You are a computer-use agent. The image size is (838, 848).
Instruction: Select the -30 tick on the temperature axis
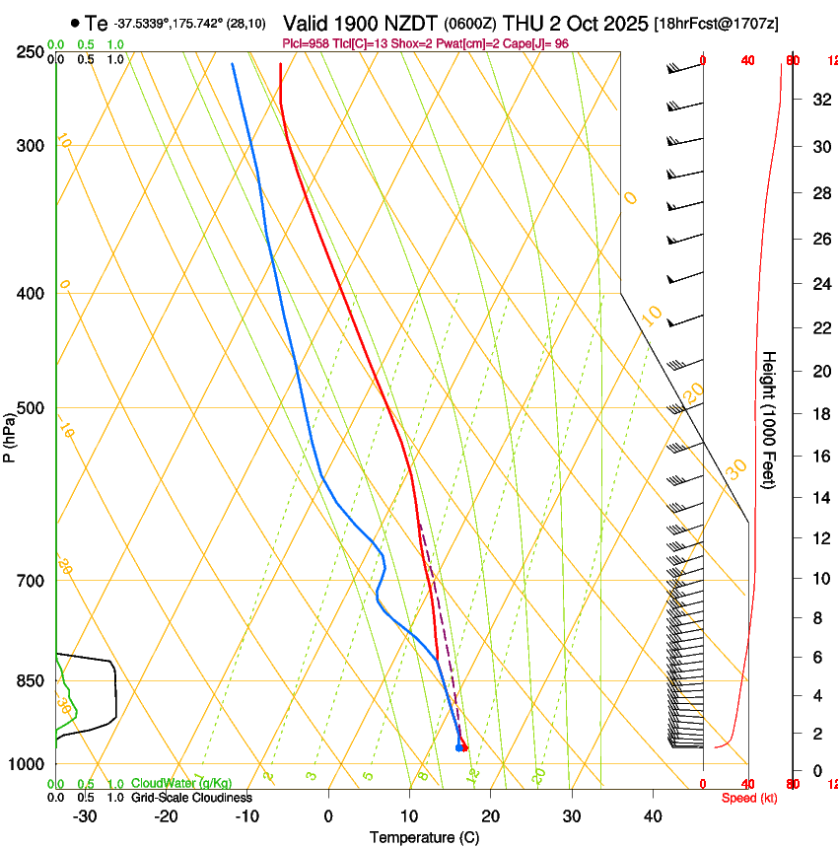[x=85, y=815]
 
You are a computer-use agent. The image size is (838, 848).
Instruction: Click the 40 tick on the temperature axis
[x=653, y=815]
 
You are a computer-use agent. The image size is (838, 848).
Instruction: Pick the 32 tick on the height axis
[x=819, y=100]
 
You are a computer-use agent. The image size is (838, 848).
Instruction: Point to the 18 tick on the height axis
[x=819, y=413]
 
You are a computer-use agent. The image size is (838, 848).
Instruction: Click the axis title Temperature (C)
[x=424, y=837]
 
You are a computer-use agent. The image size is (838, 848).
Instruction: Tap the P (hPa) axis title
[x=10, y=433]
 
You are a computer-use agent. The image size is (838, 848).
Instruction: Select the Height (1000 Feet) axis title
[x=770, y=420]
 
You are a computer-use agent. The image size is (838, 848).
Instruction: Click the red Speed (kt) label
[x=748, y=798]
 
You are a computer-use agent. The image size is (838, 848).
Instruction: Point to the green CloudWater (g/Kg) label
[x=181, y=784]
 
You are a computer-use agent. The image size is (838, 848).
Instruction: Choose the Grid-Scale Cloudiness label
[x=191, y=798]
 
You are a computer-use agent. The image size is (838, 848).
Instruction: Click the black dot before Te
[x=75, y=23]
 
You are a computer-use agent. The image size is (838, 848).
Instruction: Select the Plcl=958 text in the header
[x=309, y=43]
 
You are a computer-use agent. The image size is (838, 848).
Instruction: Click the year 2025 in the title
[x=624, y=23]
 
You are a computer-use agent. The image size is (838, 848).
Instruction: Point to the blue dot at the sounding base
[x=459, y=747]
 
